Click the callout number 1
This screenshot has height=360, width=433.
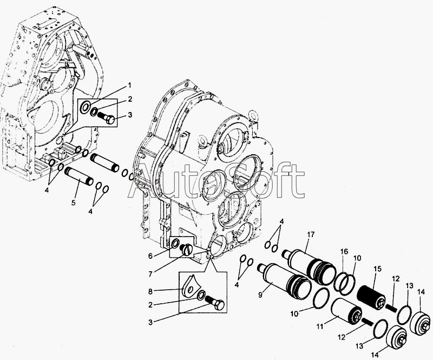pos(129,86)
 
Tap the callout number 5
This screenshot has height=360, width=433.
pos(73,203)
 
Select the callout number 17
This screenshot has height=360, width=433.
pos(311,234)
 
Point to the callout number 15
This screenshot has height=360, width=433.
pos(377,269)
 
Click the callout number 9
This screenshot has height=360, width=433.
pos(260,295)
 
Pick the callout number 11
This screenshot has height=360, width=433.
pos(320,327)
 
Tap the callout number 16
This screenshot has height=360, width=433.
pos(344,251)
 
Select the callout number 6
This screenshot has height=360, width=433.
pos(150,256)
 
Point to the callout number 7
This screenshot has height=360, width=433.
pos(150,274)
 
